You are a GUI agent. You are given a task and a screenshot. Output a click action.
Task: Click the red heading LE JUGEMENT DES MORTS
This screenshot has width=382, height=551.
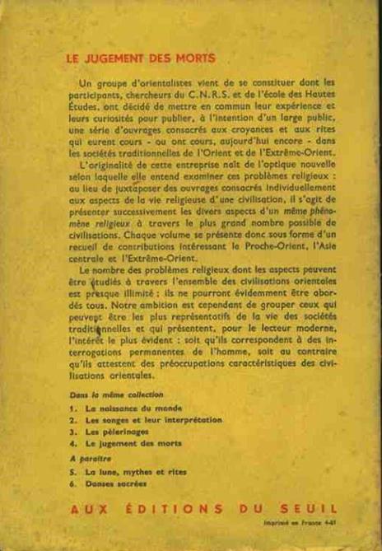pyautogui.click(x=140, y=58)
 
